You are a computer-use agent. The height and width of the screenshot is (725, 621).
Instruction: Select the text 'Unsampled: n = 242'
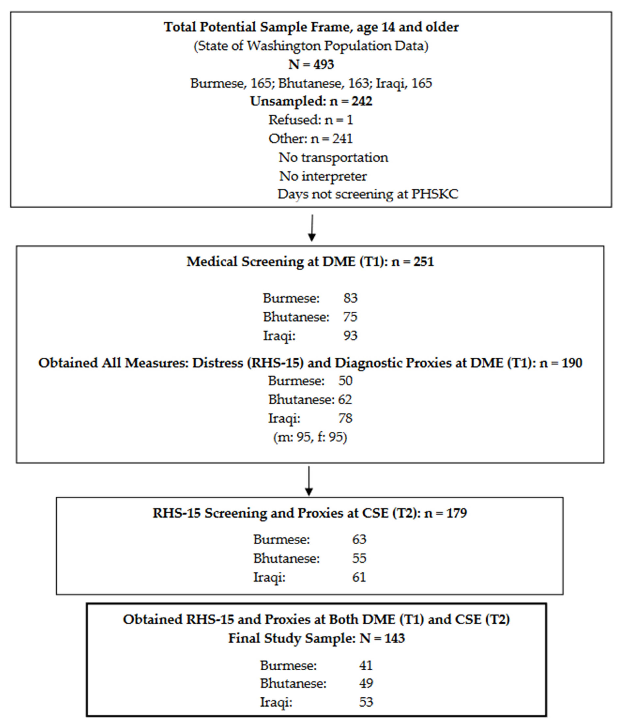[311, 101]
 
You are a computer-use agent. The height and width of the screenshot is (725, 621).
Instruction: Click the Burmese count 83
[350, 298]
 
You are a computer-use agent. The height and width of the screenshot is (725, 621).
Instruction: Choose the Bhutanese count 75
[350, 317]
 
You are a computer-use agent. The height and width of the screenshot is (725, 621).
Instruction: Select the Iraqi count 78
[345, 418]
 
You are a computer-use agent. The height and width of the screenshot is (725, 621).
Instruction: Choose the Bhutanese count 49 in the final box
[366, 683]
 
